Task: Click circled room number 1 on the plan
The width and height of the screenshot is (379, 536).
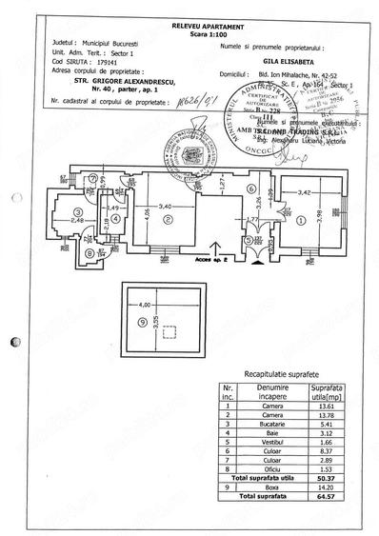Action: [302, 220]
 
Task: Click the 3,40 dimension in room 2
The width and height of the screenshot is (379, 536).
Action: [165, 205]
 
